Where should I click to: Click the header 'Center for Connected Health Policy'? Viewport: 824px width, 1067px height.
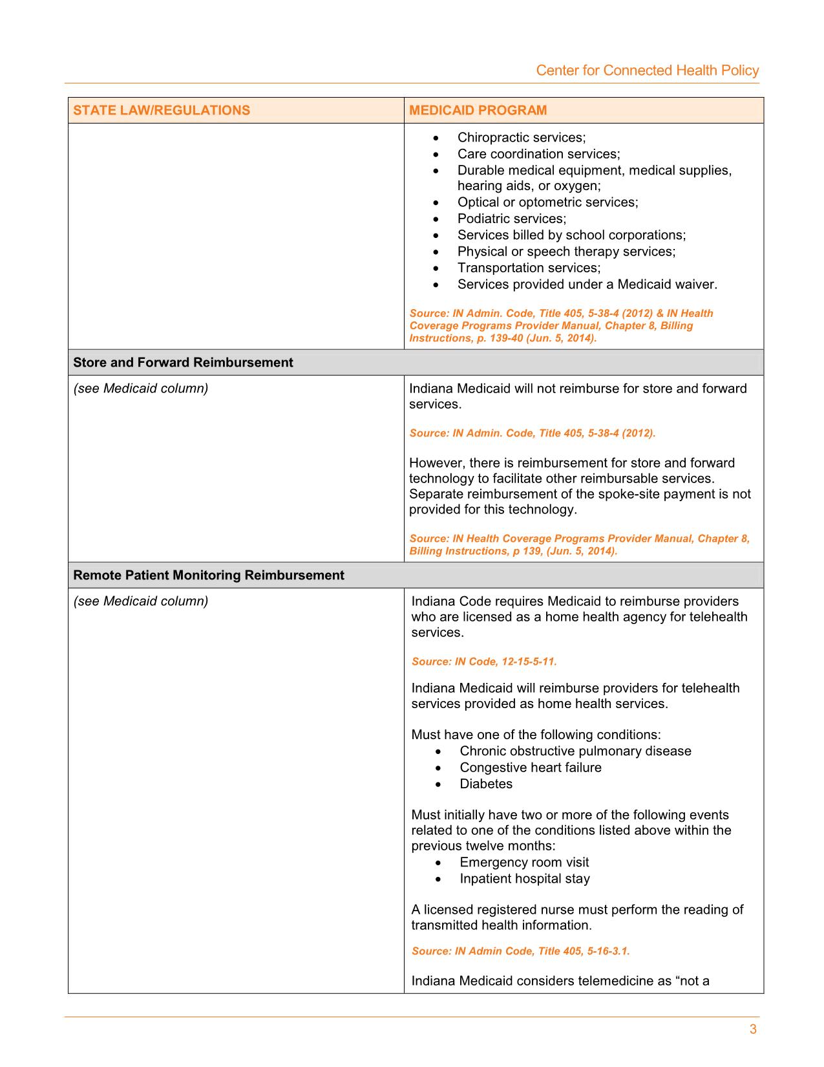(x=647, y=70)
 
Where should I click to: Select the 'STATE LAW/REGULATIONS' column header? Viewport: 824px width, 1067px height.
(x=162, y=110)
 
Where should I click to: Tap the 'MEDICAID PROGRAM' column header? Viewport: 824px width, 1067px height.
(x=478, y=110)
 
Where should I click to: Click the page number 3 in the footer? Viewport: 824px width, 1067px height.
(x=753, y=1029)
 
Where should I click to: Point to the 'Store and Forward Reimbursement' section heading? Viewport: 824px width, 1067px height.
(x=183, y=362)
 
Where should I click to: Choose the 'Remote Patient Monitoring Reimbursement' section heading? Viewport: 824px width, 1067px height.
(x=208, y=575)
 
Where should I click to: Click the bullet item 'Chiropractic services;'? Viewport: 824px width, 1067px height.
(x=521, y=137)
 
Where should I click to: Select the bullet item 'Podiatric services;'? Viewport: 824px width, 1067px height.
(x=511, y=219)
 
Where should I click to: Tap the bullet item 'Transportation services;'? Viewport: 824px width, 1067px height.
(x=529, y=268)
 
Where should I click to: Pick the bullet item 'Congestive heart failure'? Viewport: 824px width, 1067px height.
(x=530, y=768)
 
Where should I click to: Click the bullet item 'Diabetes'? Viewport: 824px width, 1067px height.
(x=485, y=784)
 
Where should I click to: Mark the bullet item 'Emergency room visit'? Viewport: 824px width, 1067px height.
(x=523, y=862)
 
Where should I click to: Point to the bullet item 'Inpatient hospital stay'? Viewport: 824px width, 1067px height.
(x=524, y=878)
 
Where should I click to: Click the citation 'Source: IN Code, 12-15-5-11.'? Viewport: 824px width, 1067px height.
(x=483, y=662)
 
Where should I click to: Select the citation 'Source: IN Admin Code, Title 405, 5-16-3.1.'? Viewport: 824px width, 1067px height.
(x=520, y=951)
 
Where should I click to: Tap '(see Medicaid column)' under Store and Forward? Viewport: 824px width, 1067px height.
(x=140, y=389)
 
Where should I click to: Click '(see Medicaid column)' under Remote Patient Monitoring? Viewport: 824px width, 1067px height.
(x=140, y=601)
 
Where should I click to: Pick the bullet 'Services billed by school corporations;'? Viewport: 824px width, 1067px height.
(x=571, y=235)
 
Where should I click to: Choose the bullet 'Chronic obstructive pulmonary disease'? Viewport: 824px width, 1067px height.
(x=575, y=751)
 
